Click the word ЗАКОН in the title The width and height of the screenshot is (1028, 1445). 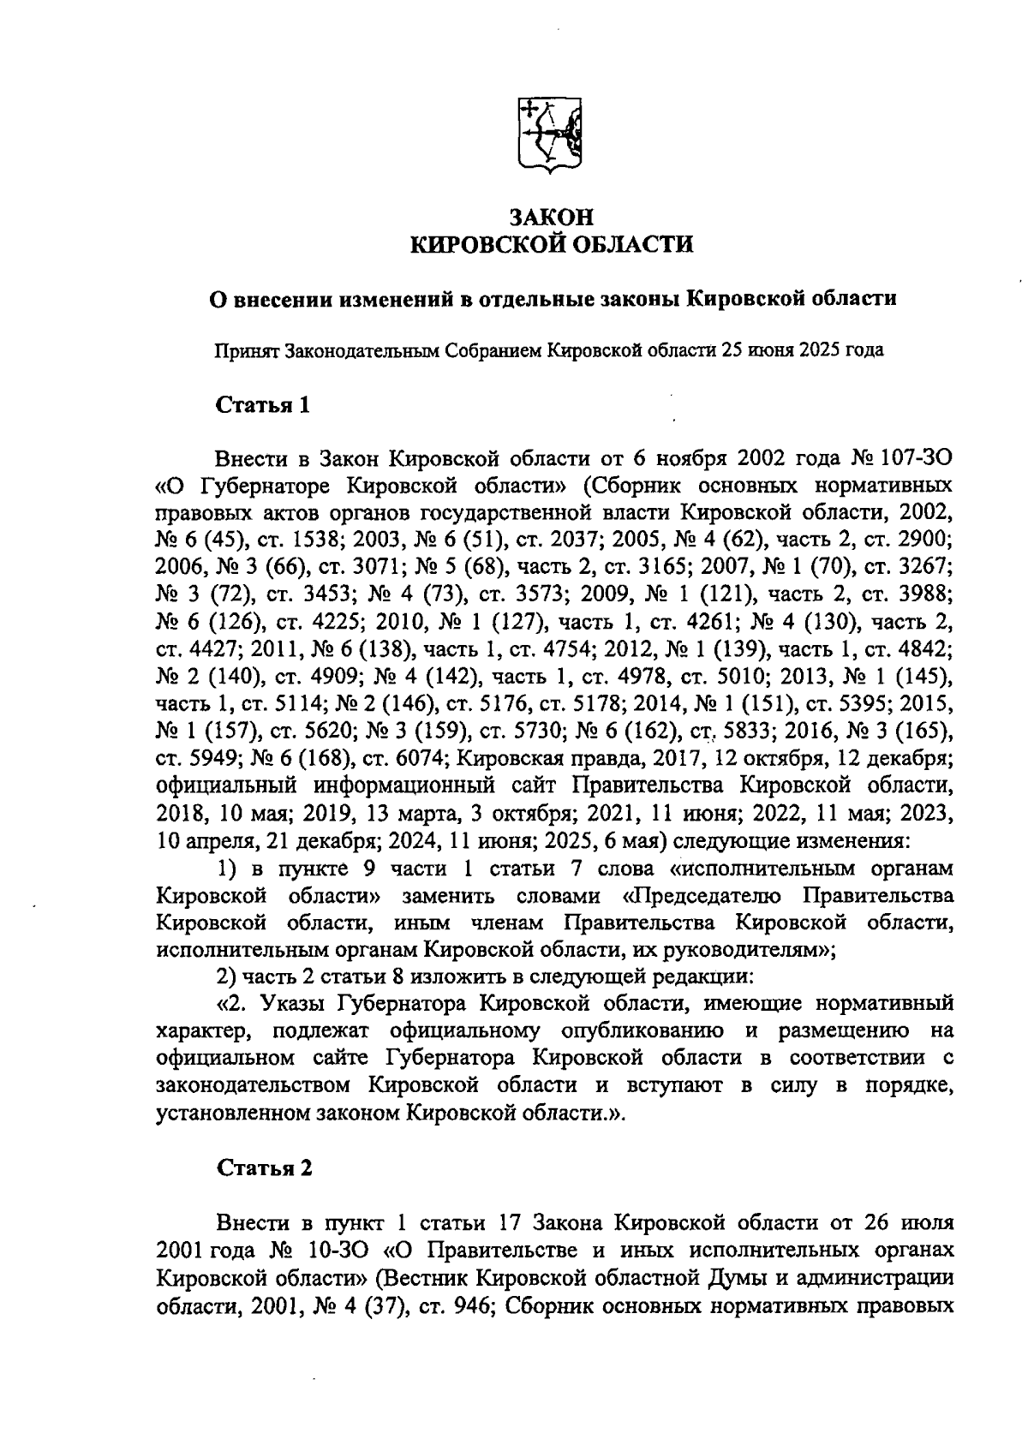coord(552,216)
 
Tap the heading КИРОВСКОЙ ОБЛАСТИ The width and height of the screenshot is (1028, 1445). coord(552,246)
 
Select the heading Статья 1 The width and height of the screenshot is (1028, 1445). coord(262,403)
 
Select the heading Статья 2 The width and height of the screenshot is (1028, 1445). coord(264,1168)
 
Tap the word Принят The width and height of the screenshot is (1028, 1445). coord(248,350)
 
